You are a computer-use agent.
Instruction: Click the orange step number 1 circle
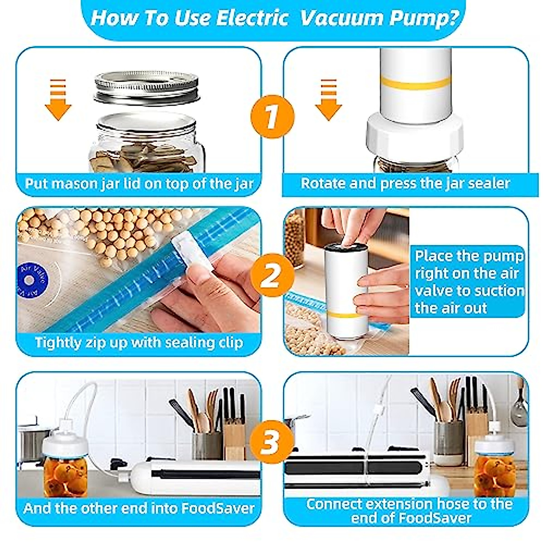pyautogui.click(x=272, y=117)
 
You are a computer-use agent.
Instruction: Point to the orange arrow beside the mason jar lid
pyautogui.click(x=58, y=101)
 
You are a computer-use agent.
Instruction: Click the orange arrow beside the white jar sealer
pyautogui.click(x=328, y=101)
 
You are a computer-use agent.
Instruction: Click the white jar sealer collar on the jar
pyautogui.click(x=414, y=134)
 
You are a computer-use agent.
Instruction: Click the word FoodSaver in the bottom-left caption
pyautogui.click(x=218, y=508)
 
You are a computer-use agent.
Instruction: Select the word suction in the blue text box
pyautogui.click(x=499, y=291)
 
